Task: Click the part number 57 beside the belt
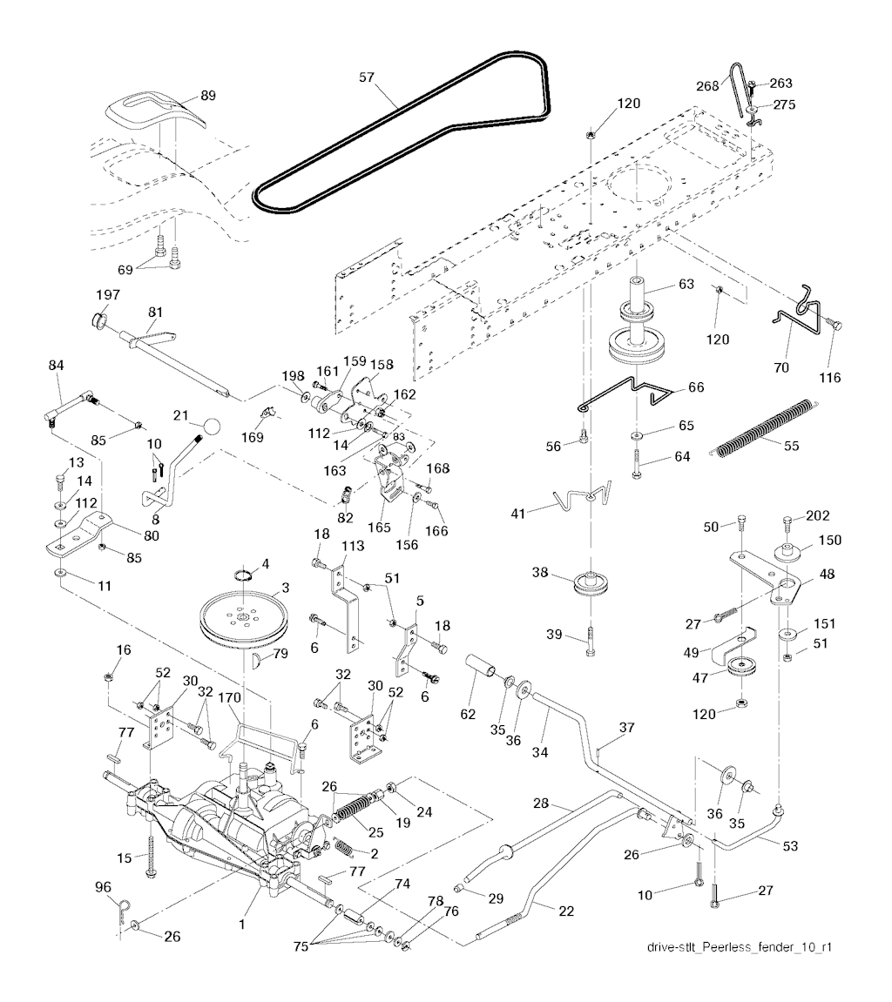(366, 77)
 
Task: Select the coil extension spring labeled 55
(767, 427)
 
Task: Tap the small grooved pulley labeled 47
(740, 673)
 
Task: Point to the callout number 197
(109, 295)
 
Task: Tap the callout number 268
(707, 84)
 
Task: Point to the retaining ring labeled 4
(242, 573)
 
